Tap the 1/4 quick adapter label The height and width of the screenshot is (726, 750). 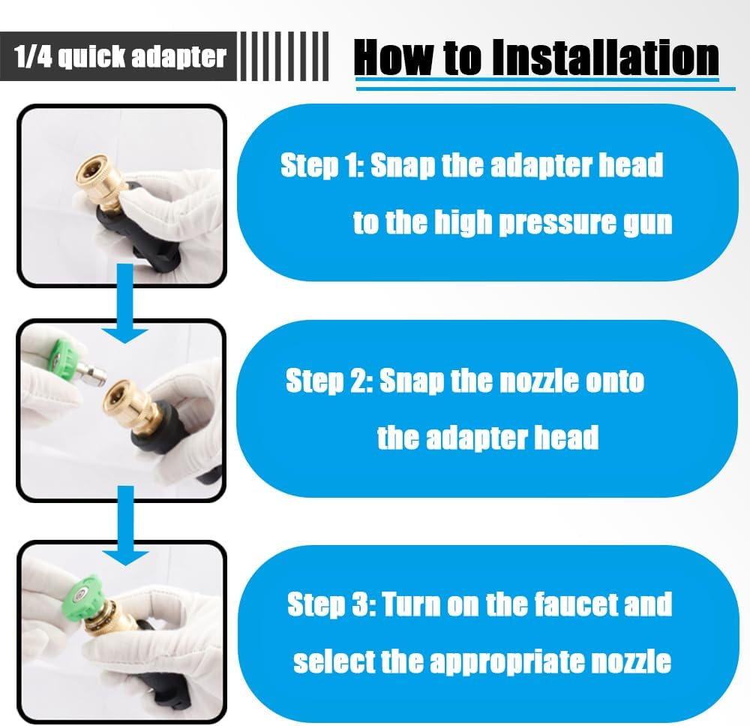pyautogui.click(x=119, y=56)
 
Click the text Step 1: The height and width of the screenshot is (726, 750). pyautogui.click(x=322, y=166)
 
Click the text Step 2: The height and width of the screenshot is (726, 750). pyautogui.click(x=329, y=381)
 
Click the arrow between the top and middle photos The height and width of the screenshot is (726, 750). pyautogui.click(x=124, y=303)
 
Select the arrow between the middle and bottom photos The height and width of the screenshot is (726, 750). pyautogui.click(x=125, y=526)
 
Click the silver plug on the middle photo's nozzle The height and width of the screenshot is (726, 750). pyautogui.click(x=90, y=373)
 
